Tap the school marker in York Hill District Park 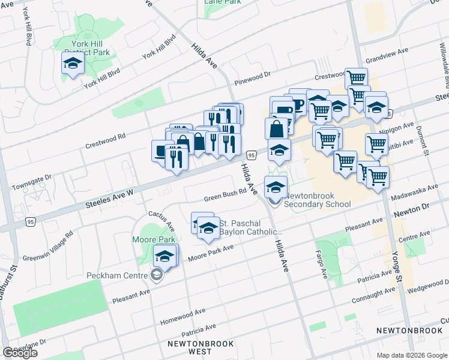pyautogui.click(x=73, y=64)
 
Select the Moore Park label pyautogui.click(x=154, y=239)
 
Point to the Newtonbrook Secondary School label pyautogui.click(x=317, y=200)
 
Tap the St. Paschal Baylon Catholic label pyautogui.click(x=251, y=227)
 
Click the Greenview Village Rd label pyautogui.click(x=47, y=247)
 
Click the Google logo pyautogui.click(x=20, y=352)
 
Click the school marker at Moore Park pyautogui.click(x=164, y=257)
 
